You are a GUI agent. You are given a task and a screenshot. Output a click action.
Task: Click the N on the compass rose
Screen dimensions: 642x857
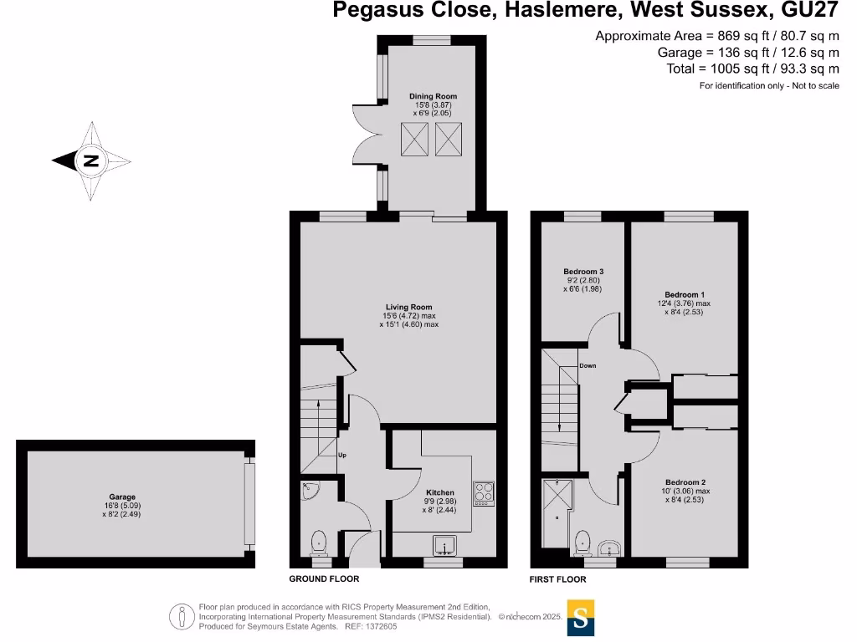click(x=91, y=161)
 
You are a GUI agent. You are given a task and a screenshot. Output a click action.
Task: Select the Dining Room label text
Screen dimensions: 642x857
click(x=433, y=96)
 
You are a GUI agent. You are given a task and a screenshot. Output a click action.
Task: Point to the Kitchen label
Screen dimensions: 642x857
click(x=439, y=492)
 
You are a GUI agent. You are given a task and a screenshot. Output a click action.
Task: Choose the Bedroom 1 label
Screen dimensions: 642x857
click(x=685, y=295)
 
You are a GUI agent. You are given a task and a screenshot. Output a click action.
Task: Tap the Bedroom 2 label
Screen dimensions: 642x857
click(x=685, y=482)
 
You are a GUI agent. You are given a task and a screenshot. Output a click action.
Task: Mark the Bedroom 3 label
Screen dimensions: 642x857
click(x=583, y=272)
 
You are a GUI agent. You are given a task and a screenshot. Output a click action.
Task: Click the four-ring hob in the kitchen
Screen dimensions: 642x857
click(x=485, y=492)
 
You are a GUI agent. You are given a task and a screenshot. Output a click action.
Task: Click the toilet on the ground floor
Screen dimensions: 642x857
click(x=319, y=543)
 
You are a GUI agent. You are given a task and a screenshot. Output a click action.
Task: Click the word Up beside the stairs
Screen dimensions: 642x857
click(x=341, y=456)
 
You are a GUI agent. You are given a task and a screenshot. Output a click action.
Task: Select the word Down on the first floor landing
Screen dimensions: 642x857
click(x=588, y=365)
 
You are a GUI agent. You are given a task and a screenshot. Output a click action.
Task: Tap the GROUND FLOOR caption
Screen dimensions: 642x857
click(x=324, y=579)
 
